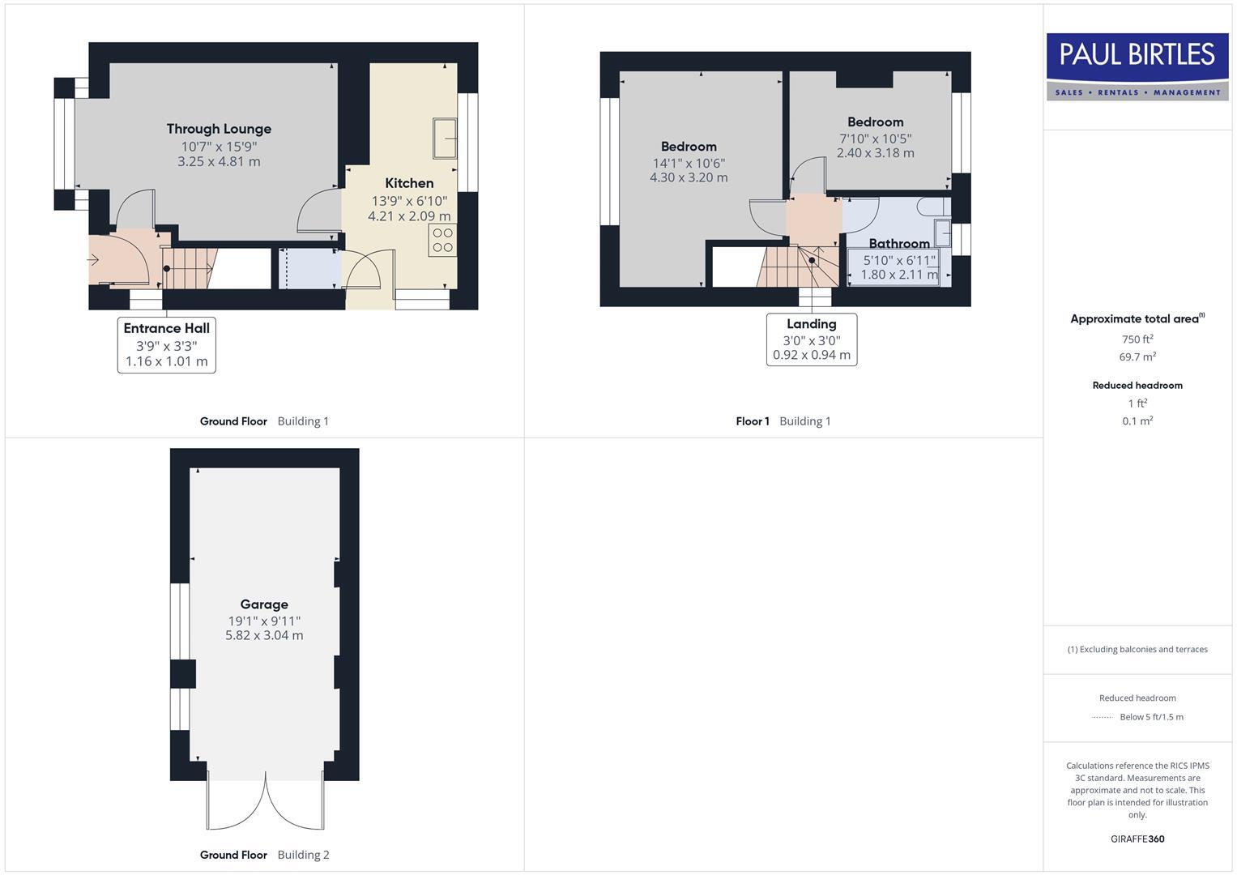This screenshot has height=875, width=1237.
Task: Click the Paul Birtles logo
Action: point(1137,66)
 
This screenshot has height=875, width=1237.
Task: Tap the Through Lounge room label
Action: point(219,129)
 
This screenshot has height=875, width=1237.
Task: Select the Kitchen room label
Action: point(409,183)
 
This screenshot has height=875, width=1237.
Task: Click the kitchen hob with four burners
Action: point(442,241)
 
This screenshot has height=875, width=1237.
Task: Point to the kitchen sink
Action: point(445,139)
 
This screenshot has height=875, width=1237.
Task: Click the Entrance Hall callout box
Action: point(167,344)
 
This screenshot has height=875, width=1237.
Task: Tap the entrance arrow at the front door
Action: point(93,260)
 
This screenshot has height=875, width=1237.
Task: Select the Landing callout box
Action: point(812,339)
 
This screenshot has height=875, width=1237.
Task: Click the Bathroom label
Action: point(899,243)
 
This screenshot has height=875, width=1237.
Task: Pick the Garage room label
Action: point(264,604)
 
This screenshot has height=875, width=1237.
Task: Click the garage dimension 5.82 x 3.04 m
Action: point(264,636)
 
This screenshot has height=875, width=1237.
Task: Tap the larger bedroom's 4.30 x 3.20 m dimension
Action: point(689,177)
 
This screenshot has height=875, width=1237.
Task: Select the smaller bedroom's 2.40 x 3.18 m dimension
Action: point(875,153)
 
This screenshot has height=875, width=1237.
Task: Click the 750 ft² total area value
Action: point(1137,339)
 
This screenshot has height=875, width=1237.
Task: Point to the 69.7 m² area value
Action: point(1137,357)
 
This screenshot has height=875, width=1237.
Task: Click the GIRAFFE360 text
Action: point(1137,839)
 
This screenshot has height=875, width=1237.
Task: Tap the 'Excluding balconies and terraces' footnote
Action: point(1137,649)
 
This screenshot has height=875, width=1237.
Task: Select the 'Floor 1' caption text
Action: point(753,421)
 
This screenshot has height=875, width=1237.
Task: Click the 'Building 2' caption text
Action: point(303,855)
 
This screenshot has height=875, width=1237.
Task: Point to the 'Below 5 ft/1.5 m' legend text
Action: point(1151,717)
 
